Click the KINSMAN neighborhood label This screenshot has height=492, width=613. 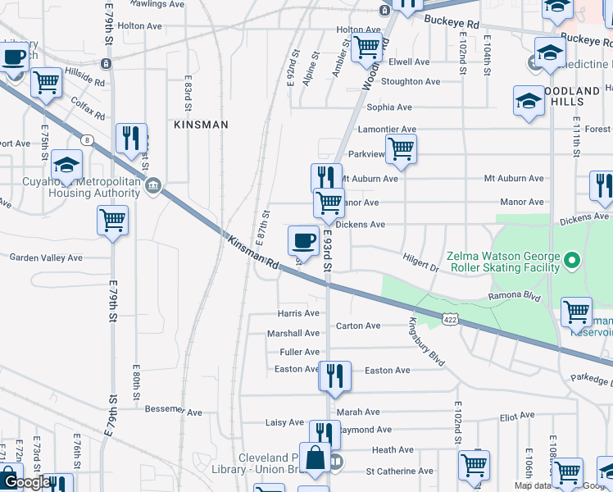click(201, 125)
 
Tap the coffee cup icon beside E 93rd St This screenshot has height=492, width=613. click(303, 240)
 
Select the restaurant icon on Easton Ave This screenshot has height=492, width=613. click(334, 376)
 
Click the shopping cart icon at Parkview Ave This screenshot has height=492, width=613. click(401, 148)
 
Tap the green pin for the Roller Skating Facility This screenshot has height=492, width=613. click(573, 262)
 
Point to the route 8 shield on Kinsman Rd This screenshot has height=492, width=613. click(86, 140)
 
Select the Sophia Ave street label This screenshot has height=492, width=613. click(389, 107)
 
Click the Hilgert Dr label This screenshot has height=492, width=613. click(421, 262)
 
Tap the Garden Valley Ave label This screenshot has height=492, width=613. click(46, 257)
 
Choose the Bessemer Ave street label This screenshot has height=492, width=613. click(173, 409)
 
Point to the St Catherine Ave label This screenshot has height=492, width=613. click(400, 471)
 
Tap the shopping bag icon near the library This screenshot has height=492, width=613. click(315, 459)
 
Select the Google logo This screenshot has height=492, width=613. click(26, 483)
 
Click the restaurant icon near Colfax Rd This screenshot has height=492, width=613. click(131, 139)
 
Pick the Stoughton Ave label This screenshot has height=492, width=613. click(411, 82)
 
